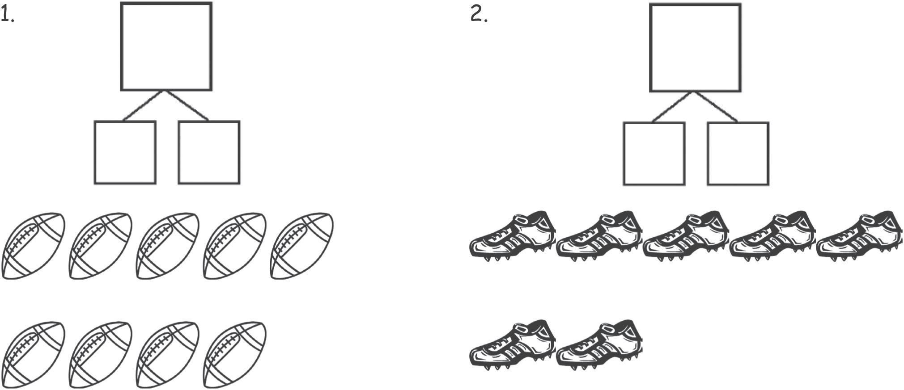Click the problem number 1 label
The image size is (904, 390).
coord(7,16)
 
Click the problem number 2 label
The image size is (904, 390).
coord(479,16)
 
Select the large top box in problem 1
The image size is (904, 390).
coord(166,46)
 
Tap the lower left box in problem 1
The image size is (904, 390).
coord(125,152)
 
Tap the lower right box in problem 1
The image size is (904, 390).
coord(209,152)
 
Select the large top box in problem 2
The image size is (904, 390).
coord(695,48)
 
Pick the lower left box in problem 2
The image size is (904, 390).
coord(654,154)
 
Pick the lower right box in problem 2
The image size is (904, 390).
coord(738,154)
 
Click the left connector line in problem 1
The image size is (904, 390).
coord(143,106)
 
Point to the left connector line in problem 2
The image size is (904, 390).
coord(672,107)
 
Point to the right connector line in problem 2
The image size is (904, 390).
coord(716,107)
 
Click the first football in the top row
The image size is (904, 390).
coord(34,246)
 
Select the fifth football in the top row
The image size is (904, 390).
coord(302,246)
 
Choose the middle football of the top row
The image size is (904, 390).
coord(168,246)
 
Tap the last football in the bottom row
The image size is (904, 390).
coord(235,355)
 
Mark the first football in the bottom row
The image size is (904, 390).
coord(34,355)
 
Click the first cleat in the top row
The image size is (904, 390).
coord(513,236)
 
